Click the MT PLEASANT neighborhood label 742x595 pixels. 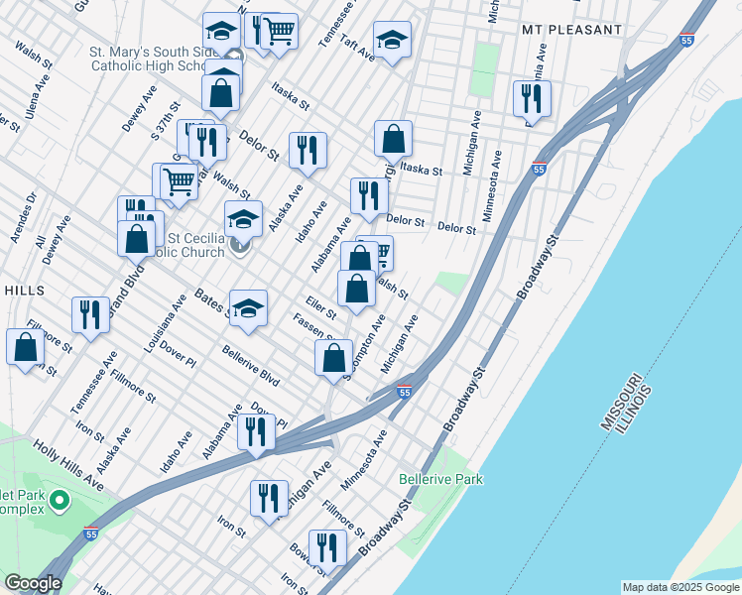coord(571,31)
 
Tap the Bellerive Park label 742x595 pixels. coord(440,479)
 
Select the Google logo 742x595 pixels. coord(32,583)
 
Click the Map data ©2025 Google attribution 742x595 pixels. coord(680,587)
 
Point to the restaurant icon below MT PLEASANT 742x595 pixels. coord(532,97)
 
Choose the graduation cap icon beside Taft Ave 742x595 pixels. coord(393,40)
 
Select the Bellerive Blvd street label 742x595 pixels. coord(250,367)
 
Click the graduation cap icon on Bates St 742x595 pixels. coord(248,306)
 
